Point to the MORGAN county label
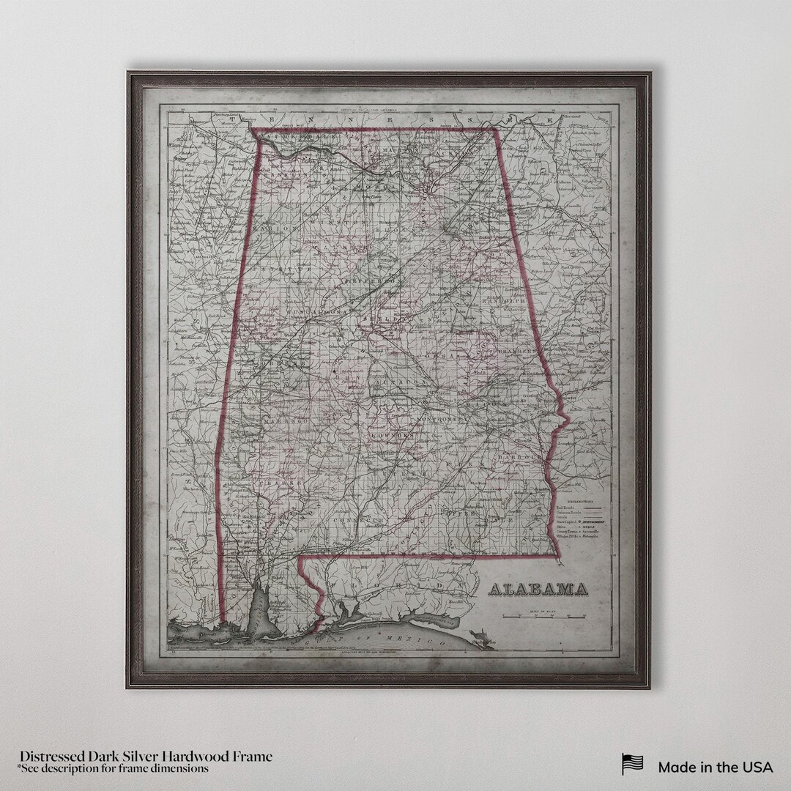point(374,187)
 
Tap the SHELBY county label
point(381,320)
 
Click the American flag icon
point(632,764)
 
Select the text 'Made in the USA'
point(715,767)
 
